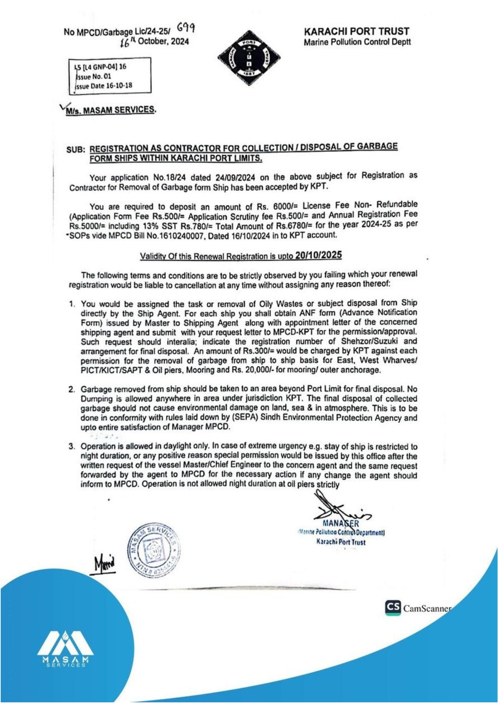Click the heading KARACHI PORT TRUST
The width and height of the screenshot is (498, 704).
click(x=356, y=32)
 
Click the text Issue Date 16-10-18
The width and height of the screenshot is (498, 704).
click(x=104, y=86)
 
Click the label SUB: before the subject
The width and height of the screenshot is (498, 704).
click(x=76, y=149)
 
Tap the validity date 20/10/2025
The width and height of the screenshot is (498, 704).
click(x=318, y=255)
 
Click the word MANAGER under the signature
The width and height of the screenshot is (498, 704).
click(x=341, y=523)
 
